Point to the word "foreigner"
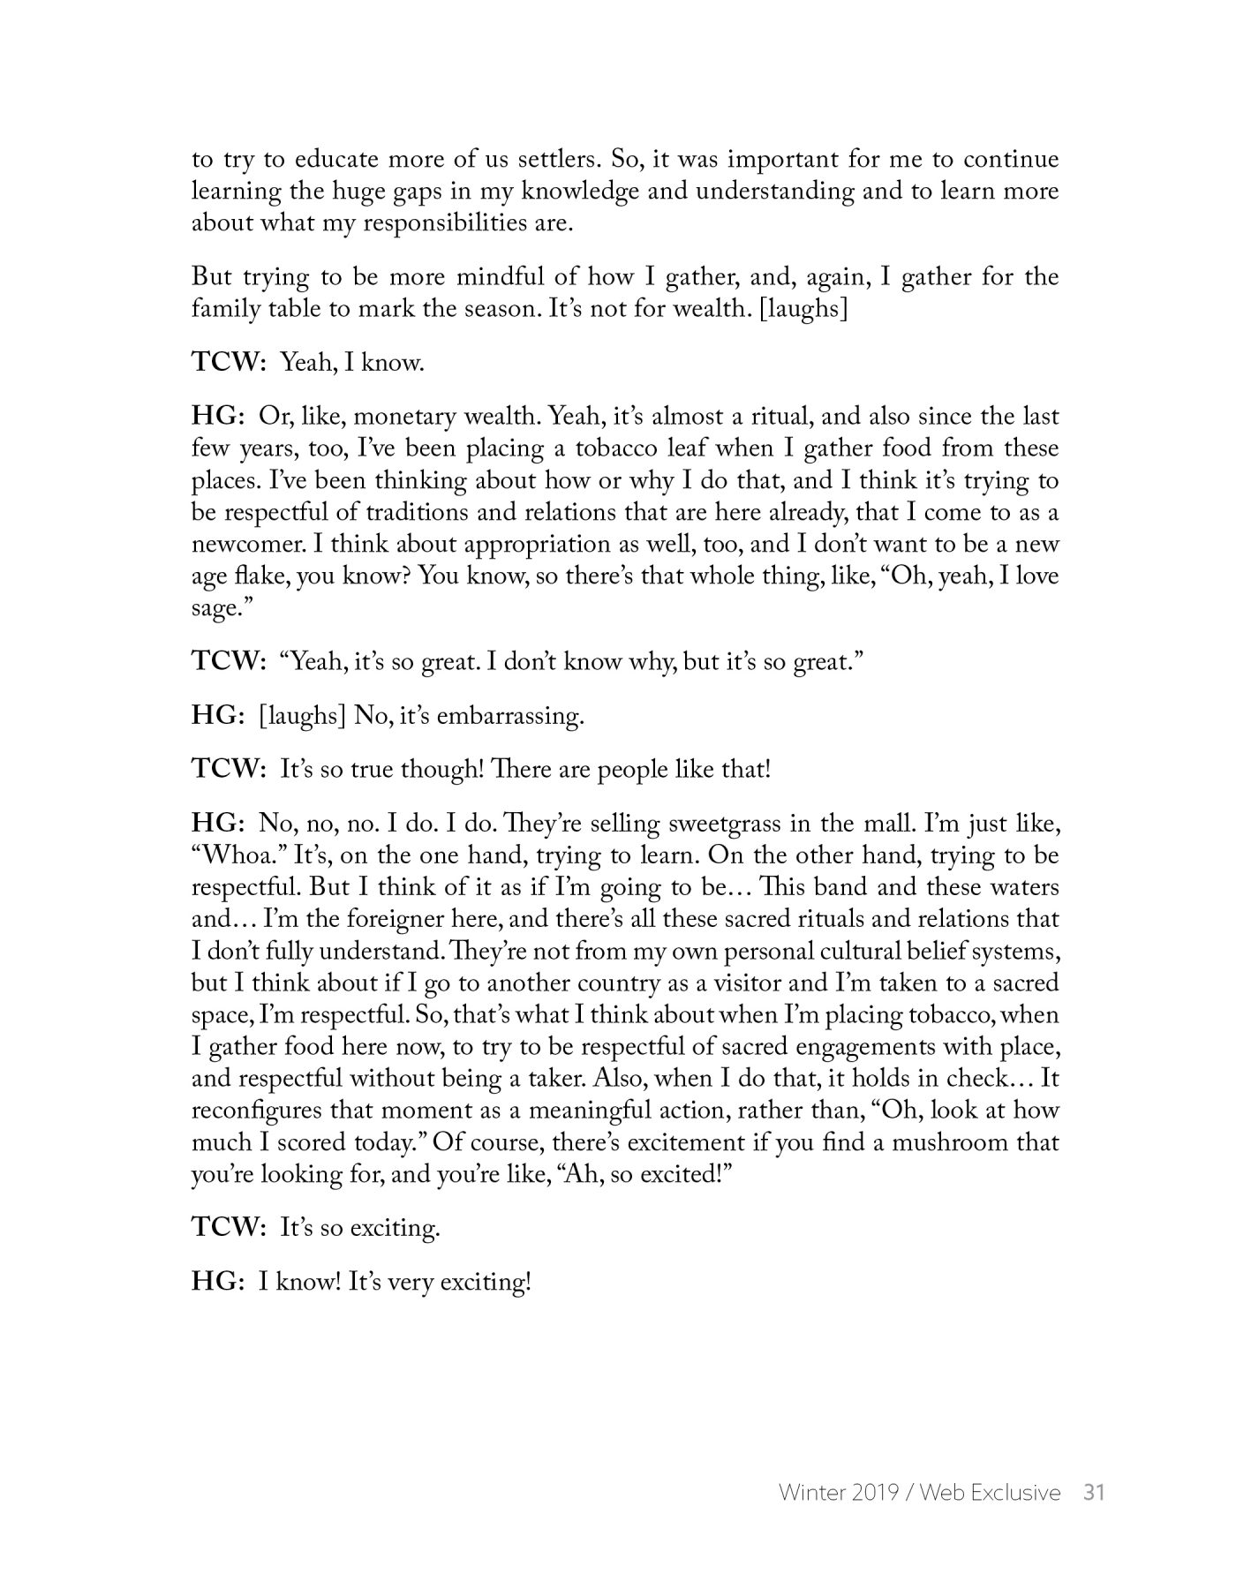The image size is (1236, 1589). pyautogui.click(x=398, y=920)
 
